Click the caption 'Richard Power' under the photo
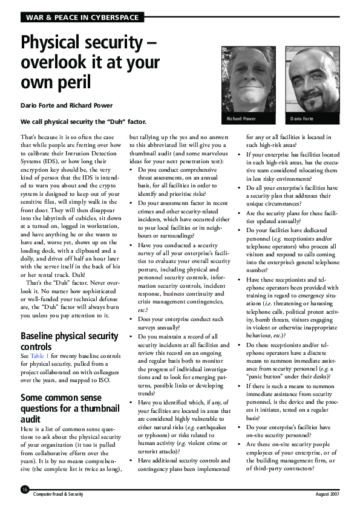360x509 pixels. (x=241, y=119)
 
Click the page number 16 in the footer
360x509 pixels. (x=24, y=489)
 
